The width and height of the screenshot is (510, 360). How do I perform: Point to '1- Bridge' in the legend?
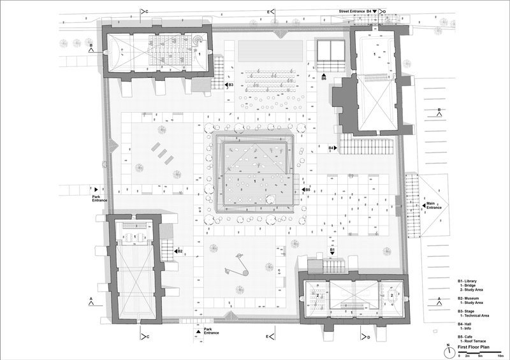coord(470,285)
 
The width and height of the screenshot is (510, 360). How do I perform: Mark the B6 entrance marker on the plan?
coord(324,76)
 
